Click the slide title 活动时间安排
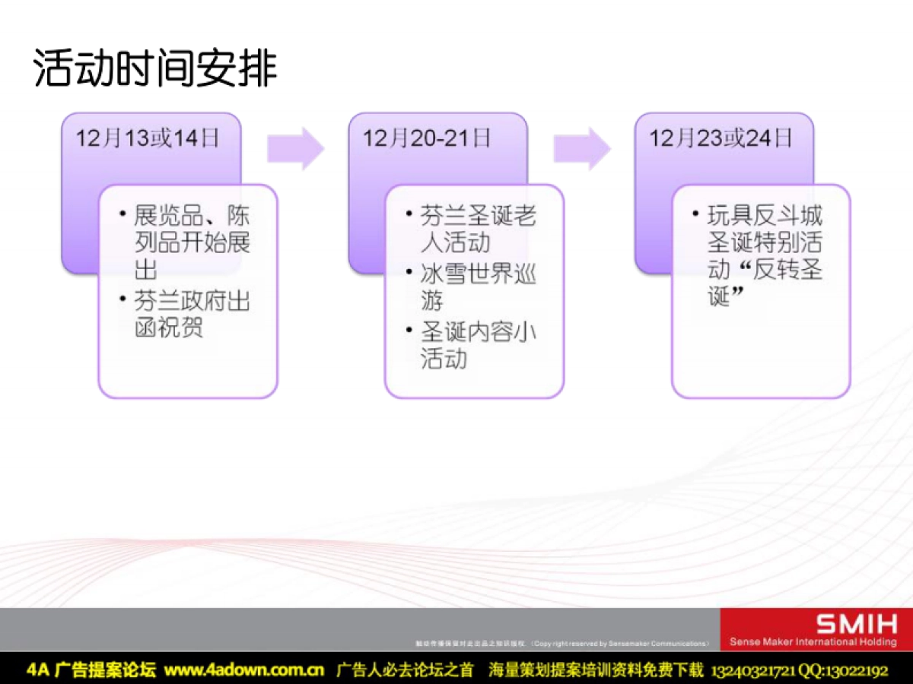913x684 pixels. click(x=155, y=70)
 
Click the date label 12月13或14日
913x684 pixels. click(x=148, y=138)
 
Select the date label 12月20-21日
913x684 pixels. click(x=427, y=138)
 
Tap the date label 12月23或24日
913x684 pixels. click(x=721, y=138)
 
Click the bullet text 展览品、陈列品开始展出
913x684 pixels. click(x=192, y=242)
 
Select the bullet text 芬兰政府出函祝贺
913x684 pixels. click(x=192, y=315)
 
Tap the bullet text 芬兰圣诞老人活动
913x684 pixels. click(x=478, y=230)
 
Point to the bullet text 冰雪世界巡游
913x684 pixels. click(x=478, y=287)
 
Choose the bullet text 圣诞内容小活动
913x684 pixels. click(x=478, y=345)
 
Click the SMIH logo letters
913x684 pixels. click(x=857, y=625)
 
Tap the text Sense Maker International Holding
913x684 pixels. click(x=813, y=642)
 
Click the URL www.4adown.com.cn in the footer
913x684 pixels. click(x=244, y=670)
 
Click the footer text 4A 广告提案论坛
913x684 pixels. click(x=91, y=670)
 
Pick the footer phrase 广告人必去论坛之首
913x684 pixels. click(x=405, y=670)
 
